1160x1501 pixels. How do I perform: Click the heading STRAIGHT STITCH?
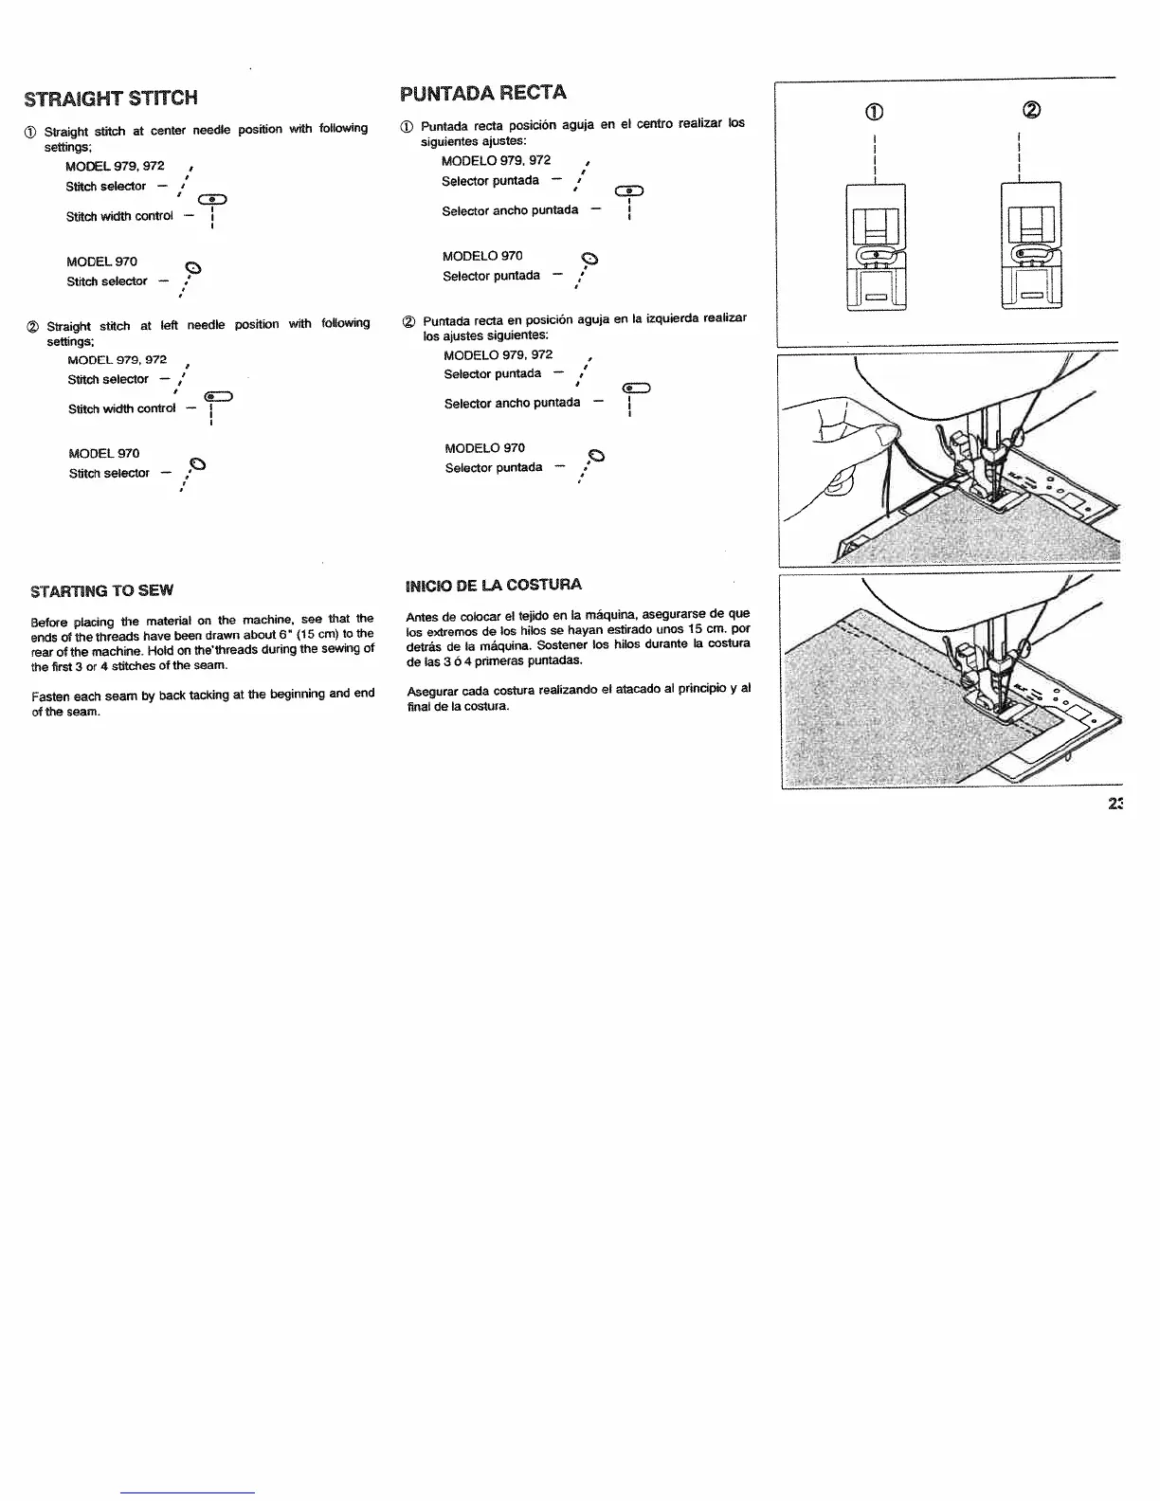[111, 99]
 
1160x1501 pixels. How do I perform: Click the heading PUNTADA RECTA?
[483, 93]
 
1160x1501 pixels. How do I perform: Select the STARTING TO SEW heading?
[102, 591]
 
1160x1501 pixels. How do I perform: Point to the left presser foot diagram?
[875, 247]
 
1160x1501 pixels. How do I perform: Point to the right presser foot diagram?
[1031, 247]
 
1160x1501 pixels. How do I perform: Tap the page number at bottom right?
[1114, 805]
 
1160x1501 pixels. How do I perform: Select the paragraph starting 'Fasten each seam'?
[203, 703]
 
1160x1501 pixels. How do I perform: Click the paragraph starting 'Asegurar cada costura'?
[578, 697]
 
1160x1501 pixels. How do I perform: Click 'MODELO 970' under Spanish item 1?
[482, 257]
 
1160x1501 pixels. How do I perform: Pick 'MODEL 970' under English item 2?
[104, 454]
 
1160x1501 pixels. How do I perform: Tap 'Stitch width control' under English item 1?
[119, 217]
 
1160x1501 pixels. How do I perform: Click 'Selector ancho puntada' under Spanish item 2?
[512, 404]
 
